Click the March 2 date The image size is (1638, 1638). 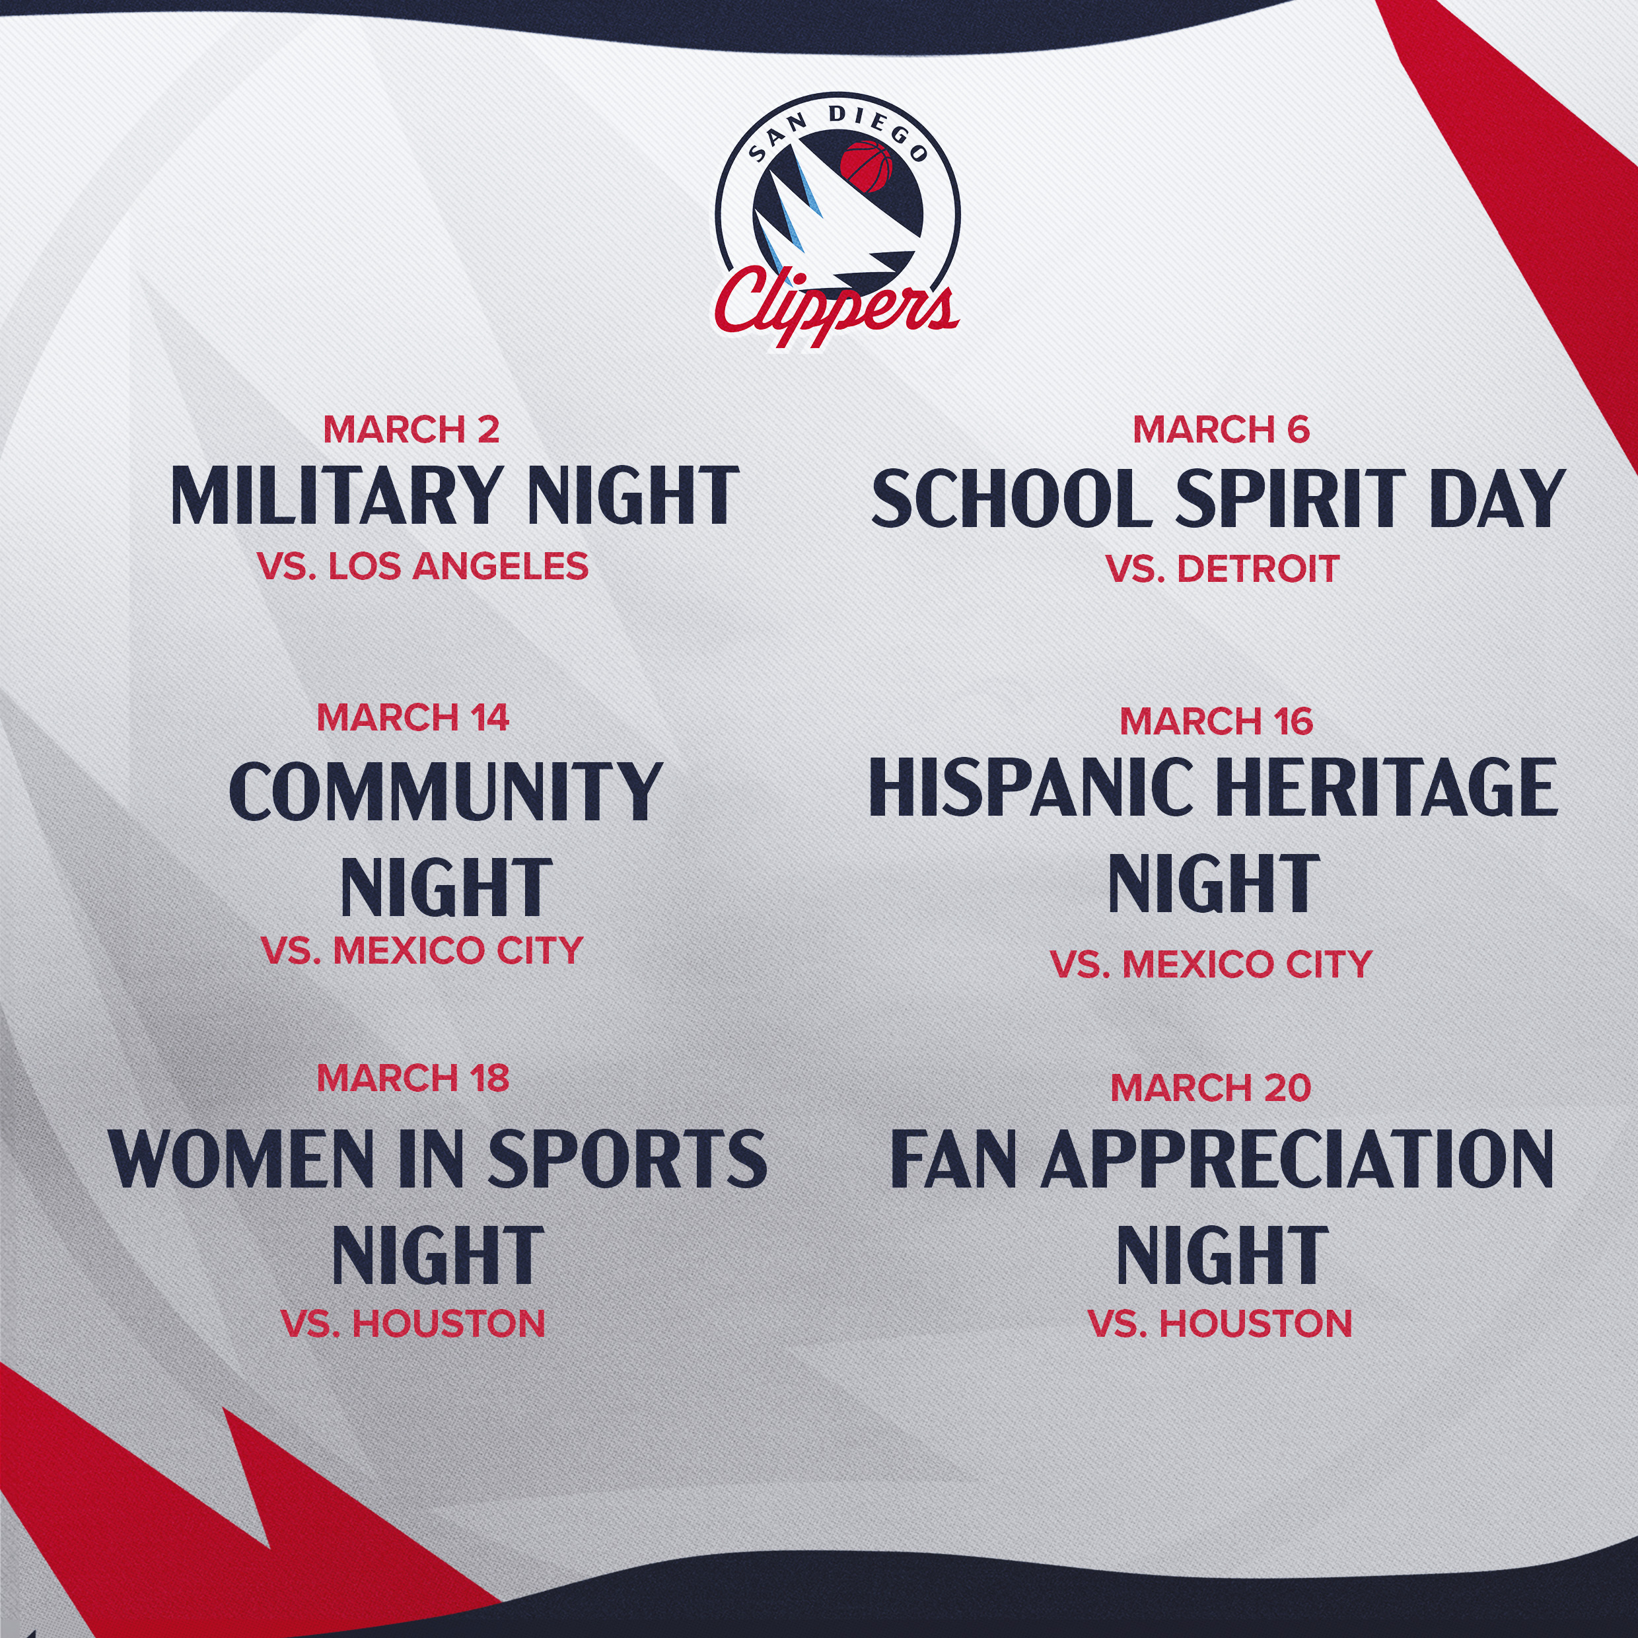coord(411,429)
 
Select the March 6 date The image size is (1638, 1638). coord(1221,429)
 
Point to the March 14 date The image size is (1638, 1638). coord(413,717)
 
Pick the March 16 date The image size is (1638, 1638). coord(1216,721)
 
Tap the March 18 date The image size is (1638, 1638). coord(413,1078)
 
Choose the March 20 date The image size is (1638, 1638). coord(1211,1088)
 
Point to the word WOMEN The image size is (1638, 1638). coord(242,1157)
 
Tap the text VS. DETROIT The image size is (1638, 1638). coord(1223,568)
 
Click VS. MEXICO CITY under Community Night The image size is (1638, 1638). coord(422,950)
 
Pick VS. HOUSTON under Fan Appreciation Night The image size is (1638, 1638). coord(1220,1324)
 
